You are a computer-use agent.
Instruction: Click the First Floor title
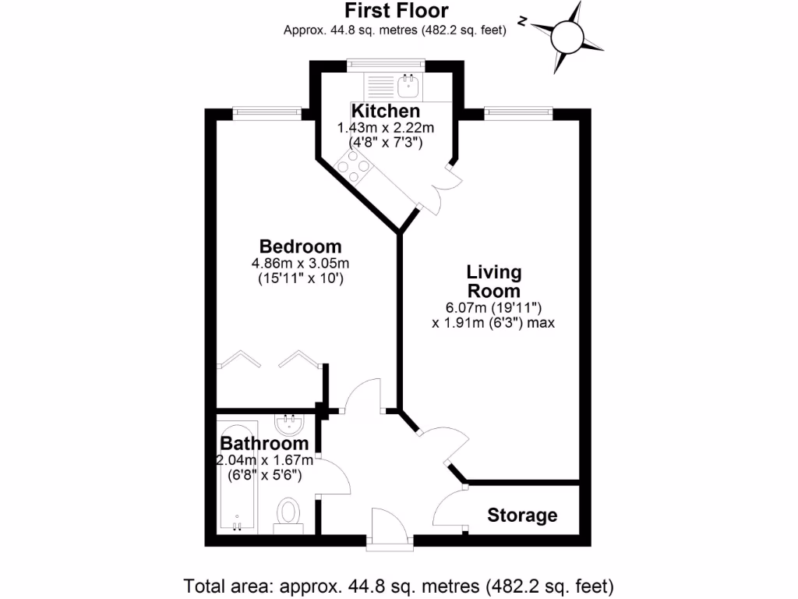(397, 11)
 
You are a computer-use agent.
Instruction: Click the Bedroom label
(300, 246)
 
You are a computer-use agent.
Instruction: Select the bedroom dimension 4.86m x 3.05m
(300, 263)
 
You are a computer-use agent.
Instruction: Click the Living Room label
(493, 282)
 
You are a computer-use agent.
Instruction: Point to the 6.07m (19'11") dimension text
(493, 307)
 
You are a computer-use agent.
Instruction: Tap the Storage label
(522, 515)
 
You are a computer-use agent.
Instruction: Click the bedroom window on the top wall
(267, 114)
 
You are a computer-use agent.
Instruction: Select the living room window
(518, 114)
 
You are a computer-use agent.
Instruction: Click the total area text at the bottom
(398, 585)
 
